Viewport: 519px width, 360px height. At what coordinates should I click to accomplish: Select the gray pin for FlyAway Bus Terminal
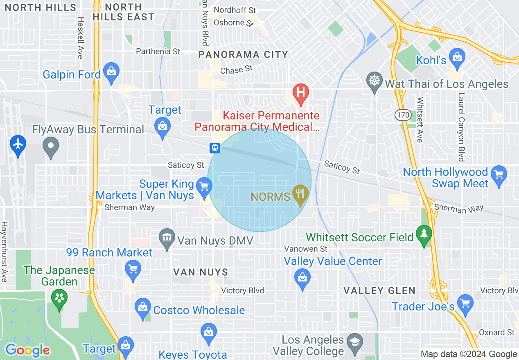pos(51,146)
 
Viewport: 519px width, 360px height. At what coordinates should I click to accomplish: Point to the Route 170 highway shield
pos(403,115)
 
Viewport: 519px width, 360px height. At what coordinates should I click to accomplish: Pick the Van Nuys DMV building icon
pos(167,238)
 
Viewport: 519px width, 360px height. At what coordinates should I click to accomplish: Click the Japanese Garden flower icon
pos(60,298)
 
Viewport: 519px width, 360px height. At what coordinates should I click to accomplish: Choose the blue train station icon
pos(215,148)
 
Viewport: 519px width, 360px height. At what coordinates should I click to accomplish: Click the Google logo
pos(27,350)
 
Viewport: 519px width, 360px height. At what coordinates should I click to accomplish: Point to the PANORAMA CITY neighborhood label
pos(243,54)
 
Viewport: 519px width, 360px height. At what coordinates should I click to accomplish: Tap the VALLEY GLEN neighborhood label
pos(379,291)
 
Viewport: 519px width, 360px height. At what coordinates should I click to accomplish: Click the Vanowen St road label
pos(306,249)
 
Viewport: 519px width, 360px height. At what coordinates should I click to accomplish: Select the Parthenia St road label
pos(158,52)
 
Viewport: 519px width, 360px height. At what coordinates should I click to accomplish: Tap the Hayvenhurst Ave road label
pos(4,252)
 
